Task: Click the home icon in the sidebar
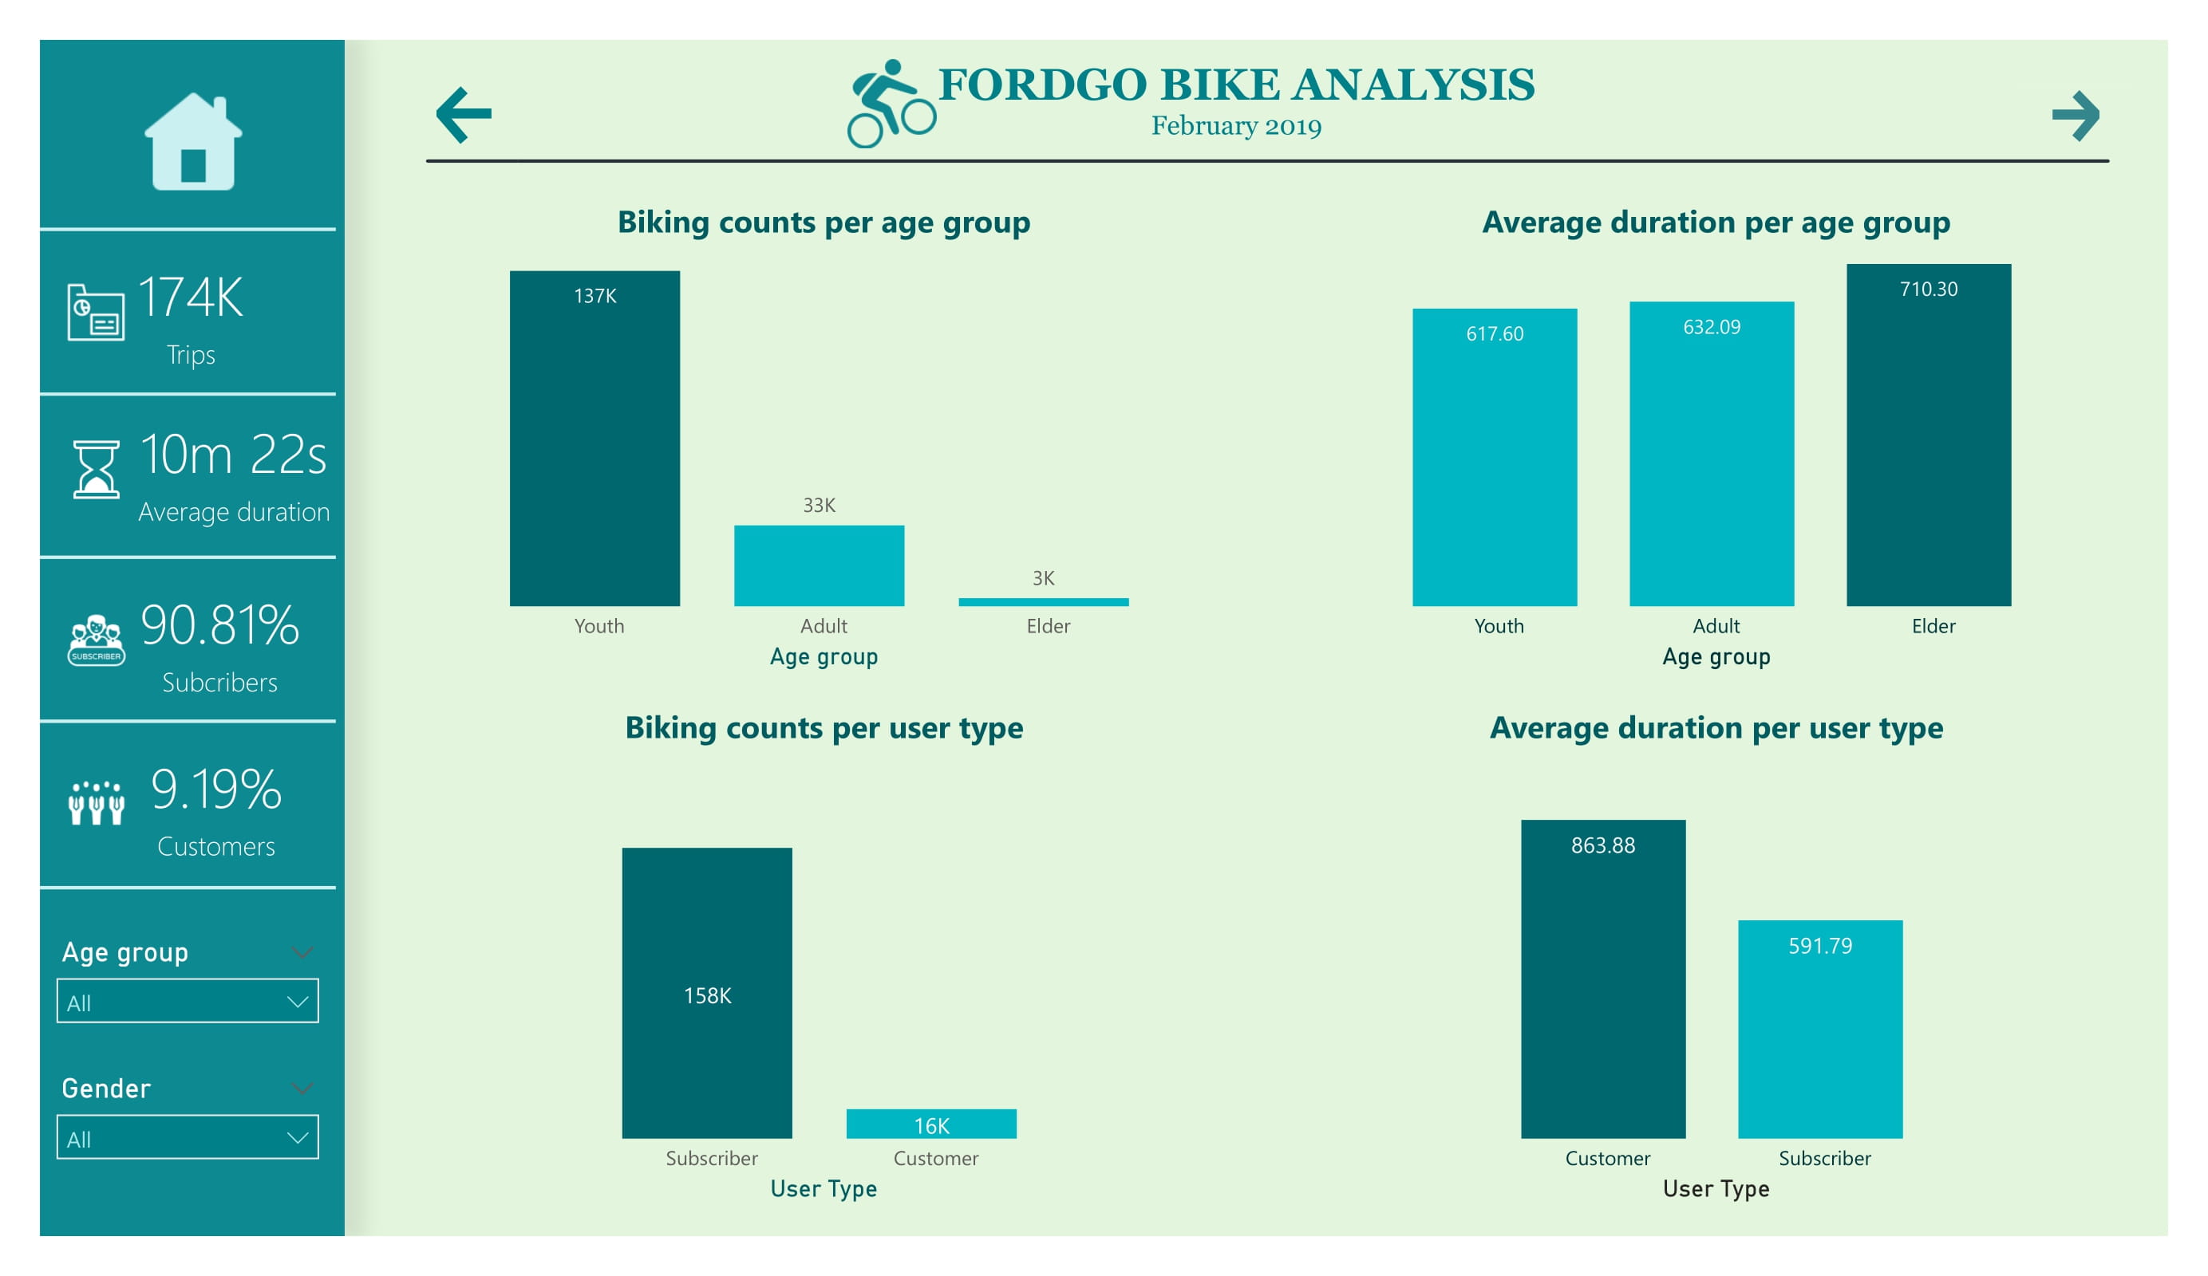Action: (193, 142)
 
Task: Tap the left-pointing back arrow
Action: (464, 115)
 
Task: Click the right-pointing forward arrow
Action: (2075, 116)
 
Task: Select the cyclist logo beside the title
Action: (891, 104)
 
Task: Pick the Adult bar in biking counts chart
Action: (819, 565)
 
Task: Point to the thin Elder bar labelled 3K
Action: (1043, 601)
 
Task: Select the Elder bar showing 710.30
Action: (1928, 435)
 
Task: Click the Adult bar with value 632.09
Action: (1711, 454)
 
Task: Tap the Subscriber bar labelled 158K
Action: (706, 992)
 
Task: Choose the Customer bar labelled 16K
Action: (930, 1124)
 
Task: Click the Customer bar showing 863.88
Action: (1602, 979)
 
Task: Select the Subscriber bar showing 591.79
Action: (1820, 1029)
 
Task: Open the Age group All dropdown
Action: (188, 1001)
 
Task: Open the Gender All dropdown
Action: (188, 1136)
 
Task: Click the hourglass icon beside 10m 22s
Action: (96, 470)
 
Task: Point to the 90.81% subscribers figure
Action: (219, 625)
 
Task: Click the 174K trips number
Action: (190, 297)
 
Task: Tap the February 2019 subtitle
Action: (1235, 126)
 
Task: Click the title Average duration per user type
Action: (1716, 728)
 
